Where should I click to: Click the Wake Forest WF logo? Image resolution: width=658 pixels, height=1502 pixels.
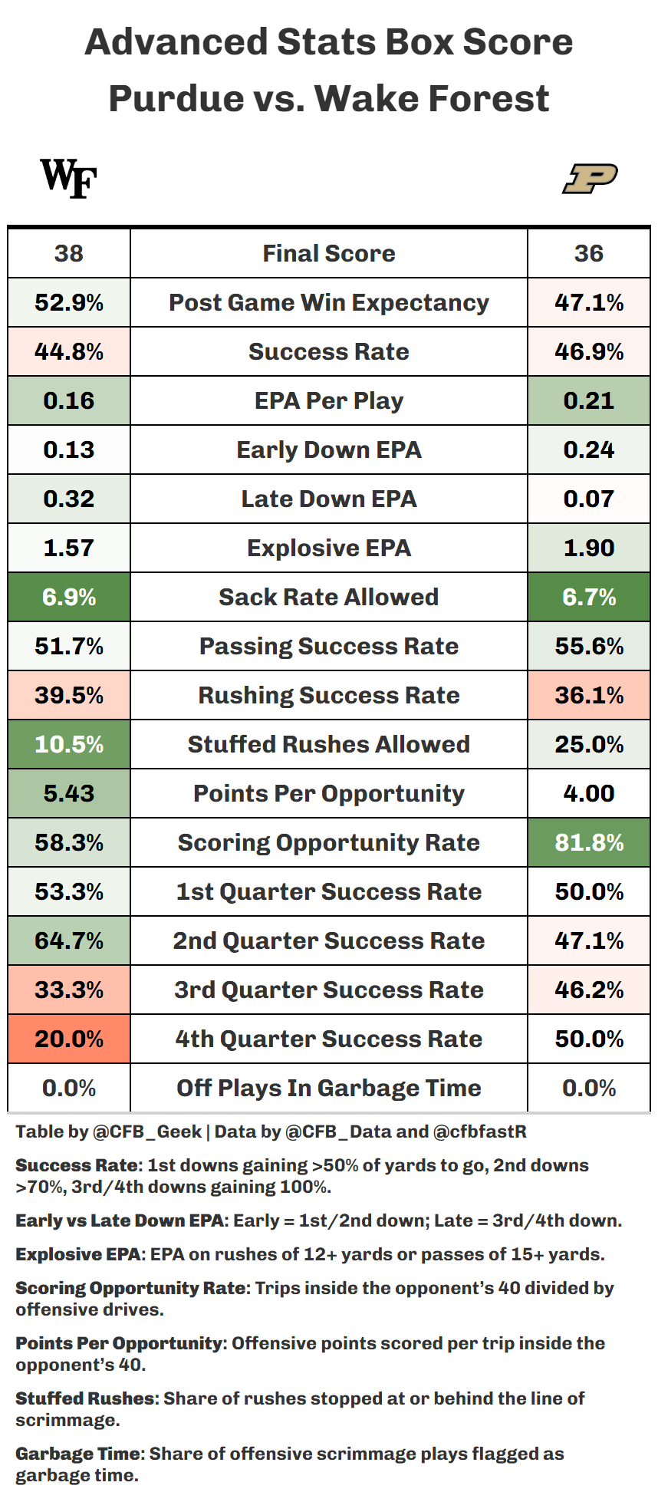tap(68, 178)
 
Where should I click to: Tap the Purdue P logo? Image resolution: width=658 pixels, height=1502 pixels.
tap(590, 179)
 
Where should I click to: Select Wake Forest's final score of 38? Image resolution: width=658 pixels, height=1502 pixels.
tap(69, 253)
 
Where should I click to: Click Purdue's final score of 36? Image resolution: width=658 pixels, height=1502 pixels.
tap(589, 253)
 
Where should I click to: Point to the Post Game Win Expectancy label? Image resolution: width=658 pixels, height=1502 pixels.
tap(329, 303)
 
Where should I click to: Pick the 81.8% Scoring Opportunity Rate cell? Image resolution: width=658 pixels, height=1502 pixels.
tap(589, 842)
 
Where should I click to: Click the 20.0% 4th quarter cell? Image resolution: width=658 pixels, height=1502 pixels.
tap(69, 1039)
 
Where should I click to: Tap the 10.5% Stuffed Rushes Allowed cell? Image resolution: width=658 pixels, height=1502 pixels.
tap(69, 744)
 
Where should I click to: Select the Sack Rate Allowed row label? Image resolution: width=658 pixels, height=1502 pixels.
tap(329, 597)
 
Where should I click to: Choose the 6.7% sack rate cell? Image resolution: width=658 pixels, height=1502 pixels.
tap(589, 597)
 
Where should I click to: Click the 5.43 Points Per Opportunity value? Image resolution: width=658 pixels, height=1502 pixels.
tap(69, 793)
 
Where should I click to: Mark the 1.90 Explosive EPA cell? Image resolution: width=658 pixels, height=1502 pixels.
tap(589, 548)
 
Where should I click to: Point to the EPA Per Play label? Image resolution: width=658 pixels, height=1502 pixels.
tap(329, 401)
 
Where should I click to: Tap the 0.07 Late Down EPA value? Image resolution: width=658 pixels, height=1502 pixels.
tap(589, 499)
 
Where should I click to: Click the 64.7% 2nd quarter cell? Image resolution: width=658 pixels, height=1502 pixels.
tap(69, 940)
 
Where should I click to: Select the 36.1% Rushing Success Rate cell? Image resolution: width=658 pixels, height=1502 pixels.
tap(589, 695)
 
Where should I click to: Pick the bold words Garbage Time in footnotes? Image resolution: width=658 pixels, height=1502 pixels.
tap(78, 1454)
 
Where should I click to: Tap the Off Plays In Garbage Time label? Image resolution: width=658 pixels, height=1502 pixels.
tap(329, 1089)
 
